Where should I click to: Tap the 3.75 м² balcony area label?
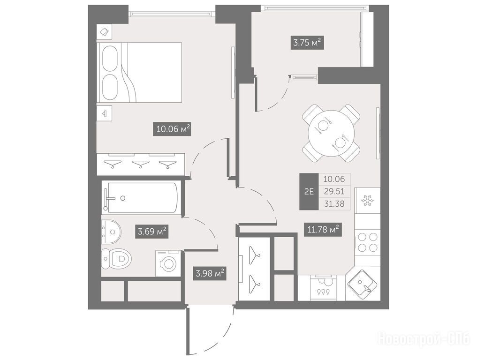click(307, 42)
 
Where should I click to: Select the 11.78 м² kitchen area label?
click(323, 229)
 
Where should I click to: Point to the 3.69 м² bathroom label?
click(152, 232)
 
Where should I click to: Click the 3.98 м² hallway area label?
click(210, 273)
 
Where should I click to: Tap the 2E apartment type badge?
click(309, 192)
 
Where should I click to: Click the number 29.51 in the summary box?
click(334, 191)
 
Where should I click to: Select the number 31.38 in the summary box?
click(334, 203)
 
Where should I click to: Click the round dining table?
click(331, 133)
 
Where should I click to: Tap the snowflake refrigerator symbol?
click(367, 201)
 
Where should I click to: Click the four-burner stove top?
click(368, 242)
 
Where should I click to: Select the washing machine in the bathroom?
click(168, 263)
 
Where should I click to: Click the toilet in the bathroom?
click(116, 259)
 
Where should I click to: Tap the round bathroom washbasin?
click(111, 232)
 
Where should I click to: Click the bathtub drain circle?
click(122, 198)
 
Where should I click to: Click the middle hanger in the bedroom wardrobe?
click(140, 165)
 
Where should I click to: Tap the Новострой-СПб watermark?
click(423, 338)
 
